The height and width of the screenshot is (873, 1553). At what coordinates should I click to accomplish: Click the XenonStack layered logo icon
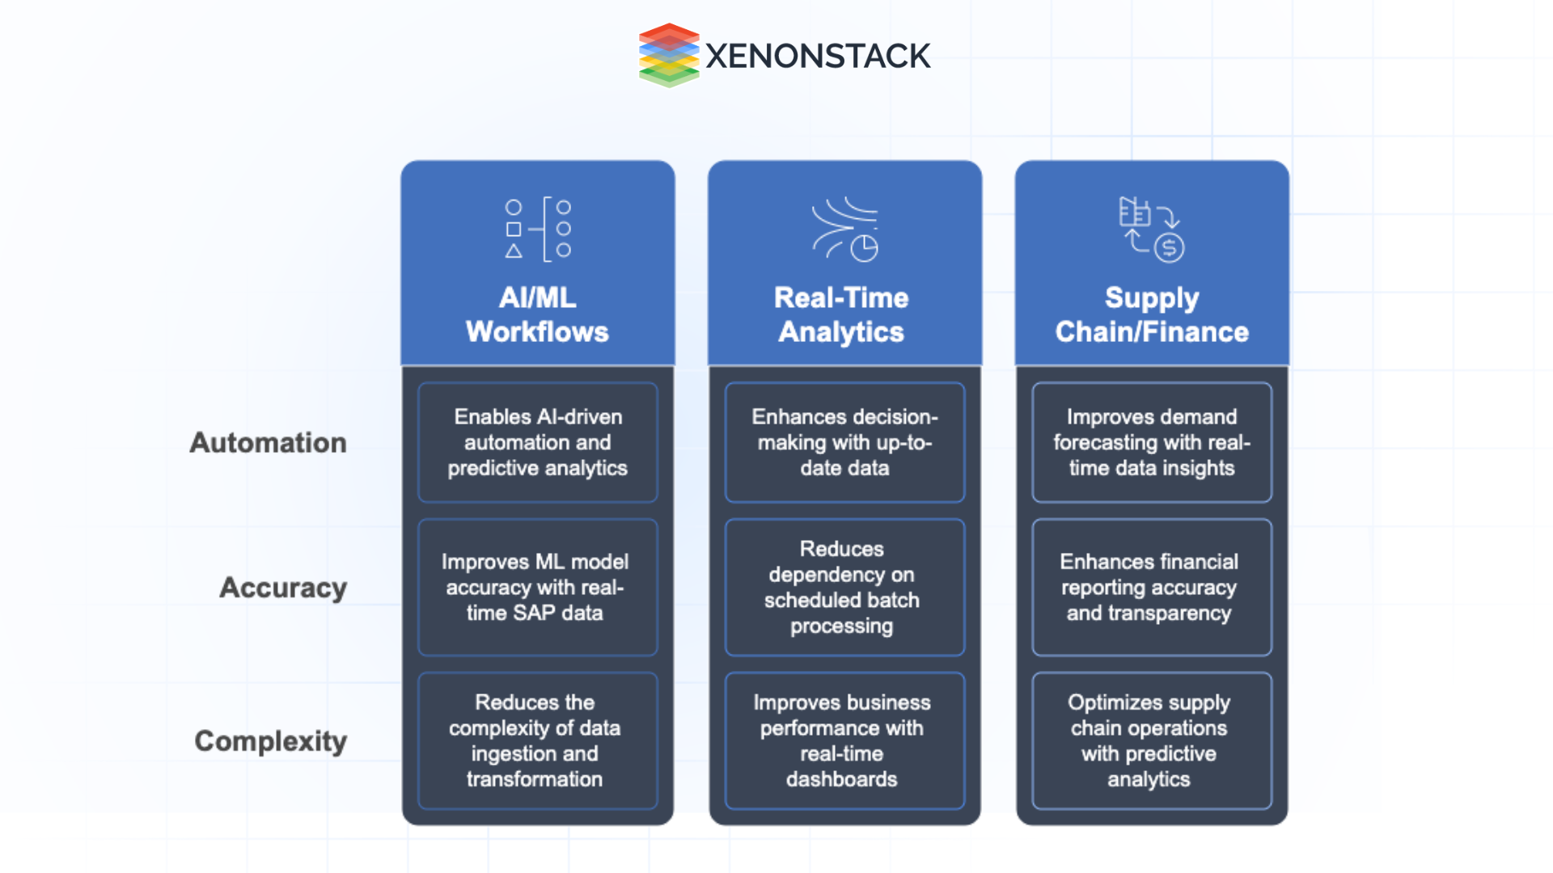point(668,55)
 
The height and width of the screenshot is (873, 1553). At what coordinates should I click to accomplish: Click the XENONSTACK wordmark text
point(818,56)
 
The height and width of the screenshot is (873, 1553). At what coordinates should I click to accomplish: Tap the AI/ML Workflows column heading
point(537,314)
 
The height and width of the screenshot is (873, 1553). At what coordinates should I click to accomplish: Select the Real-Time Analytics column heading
point(841,314)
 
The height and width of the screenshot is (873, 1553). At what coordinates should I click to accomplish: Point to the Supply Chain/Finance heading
point(1152,314)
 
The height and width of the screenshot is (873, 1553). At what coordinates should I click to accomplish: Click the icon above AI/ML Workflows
point(538,230)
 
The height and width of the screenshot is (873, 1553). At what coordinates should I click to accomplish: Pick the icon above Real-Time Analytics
point(844,230)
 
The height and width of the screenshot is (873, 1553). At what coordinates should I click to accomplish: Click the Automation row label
point(268,443)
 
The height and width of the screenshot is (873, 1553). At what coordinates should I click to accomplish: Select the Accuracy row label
point(283,588)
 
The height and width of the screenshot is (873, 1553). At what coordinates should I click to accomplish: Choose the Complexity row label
point(271,741)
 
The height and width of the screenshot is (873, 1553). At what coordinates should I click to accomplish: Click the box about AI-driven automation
point(538,442)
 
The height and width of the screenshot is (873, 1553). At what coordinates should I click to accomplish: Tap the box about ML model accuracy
point(538,588)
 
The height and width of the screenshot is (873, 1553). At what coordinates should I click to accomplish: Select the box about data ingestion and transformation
point(538,740)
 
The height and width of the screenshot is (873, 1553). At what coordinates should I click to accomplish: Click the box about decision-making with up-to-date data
point(844,442)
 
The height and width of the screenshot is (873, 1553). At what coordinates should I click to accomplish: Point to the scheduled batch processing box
point(844,588)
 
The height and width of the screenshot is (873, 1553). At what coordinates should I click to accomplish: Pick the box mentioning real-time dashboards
point(844,740)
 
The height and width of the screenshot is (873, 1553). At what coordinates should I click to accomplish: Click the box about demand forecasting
point(1152,442)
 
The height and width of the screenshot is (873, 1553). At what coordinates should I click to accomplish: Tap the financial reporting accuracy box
point(1152,588)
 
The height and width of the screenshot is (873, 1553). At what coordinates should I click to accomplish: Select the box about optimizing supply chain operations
point(1152,740)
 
